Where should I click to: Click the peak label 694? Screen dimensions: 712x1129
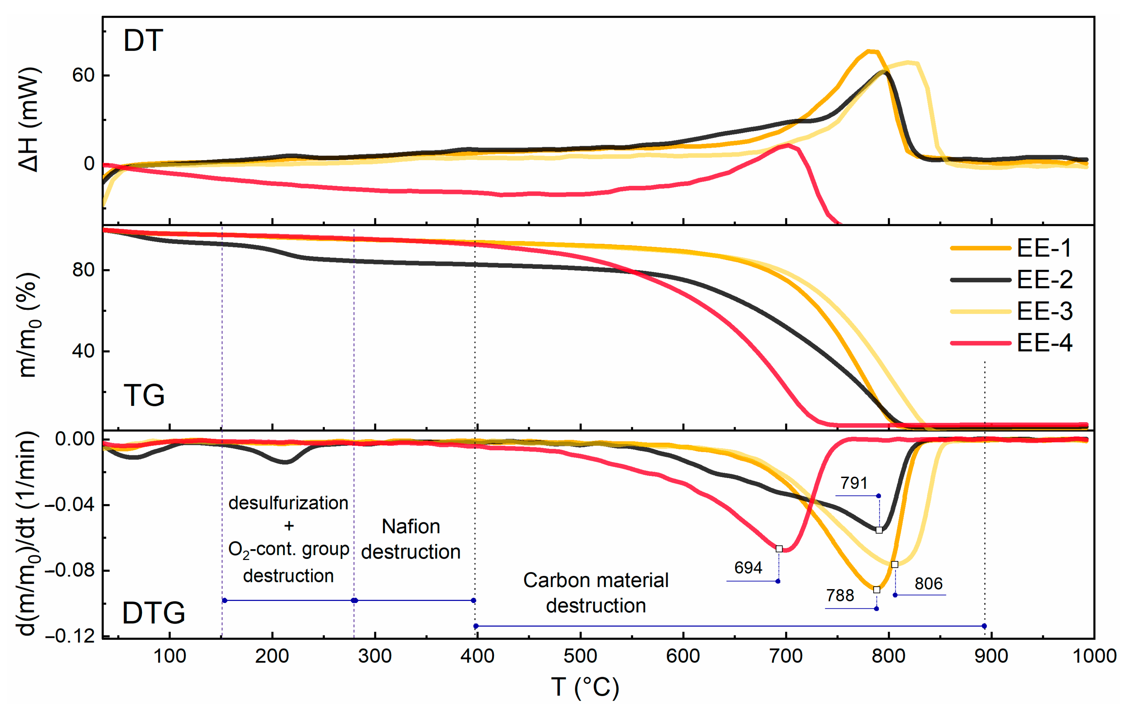(x=748, y=568)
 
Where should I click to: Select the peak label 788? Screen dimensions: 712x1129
(x=840, y=595)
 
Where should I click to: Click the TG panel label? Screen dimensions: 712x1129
(x=144, y=395)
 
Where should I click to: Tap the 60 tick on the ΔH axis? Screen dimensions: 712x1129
(x=83, y=75)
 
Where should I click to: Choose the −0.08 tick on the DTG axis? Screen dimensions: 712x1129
(x=69, y=570)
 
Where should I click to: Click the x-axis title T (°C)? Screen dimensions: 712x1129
(x=585, y=688)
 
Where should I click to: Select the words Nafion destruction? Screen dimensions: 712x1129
(x=411, y=539)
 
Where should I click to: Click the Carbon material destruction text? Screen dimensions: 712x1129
(x=595, y=593)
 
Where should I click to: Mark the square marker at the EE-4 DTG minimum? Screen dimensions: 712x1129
(x=779, y=549)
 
